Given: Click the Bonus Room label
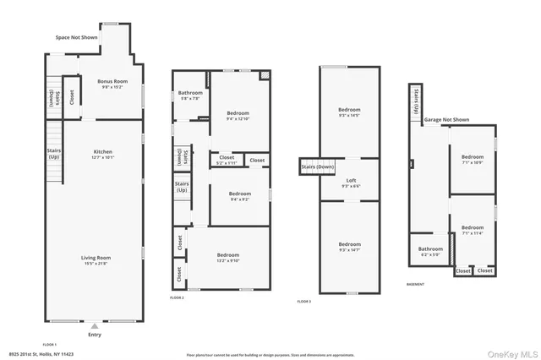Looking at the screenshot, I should click(x=112, y=83).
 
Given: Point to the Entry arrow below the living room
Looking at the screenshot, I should click(x=94, y=325).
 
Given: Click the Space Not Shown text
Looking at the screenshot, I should click(x=76, y=38).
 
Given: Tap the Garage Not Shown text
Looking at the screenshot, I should click(x=446, y=120).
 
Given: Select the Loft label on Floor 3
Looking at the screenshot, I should click(x=350, y=183).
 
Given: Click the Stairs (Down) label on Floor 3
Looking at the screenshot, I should click(x=317, y=167).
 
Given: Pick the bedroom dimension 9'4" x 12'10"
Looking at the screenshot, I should click(x=239, y=119).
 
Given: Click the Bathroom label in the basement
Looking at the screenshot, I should click(x=430, y=251).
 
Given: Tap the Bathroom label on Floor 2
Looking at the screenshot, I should click(x=189, y=95).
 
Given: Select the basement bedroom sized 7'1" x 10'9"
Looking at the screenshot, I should click(x=473, y=161).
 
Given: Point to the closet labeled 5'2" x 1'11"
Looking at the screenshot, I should click(x=227, y=161).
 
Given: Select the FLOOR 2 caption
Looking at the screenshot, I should click(x=177, y=298).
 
